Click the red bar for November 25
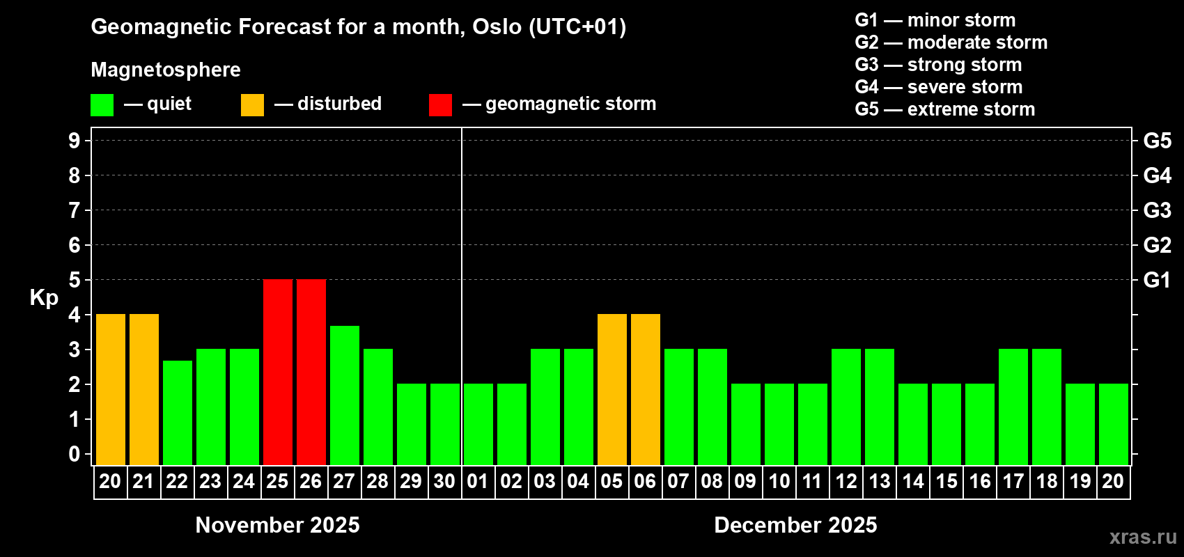pos(278,372)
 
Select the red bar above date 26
pos(311,372)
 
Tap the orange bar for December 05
pos(612,389)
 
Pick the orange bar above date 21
pos(144,389)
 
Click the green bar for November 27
pos(345,395)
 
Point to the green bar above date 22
pos(178,413)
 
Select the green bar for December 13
pos(880,407)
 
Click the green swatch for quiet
pos(102,104)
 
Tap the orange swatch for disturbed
pos(252,104)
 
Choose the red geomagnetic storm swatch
pos(441,104)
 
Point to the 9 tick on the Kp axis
pos(74,141)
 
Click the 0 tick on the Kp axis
pos(74,454)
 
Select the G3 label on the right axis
pos(1157,210)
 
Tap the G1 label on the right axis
pos(1157,280)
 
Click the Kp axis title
pos(44,298)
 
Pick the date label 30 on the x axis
pos(444,481)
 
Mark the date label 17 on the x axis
pos(1013,481)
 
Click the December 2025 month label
pos(795,525)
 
